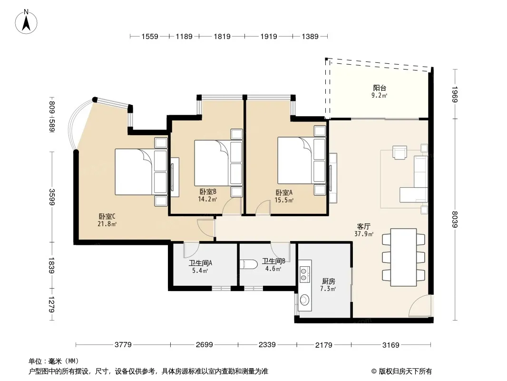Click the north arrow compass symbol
coord(26,22)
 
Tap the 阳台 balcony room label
coord(380,88)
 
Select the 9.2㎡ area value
coord(379,96)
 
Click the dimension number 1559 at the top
coord(150,37)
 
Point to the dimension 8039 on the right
coord(455,219)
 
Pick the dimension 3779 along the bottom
coord(123,345)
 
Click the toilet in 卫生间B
coord(249,264)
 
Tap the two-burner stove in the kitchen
coord(304,274)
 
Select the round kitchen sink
coord(304,300)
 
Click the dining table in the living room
coord(403,257)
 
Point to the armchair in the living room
coord(400,152)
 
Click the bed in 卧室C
coord(141,171)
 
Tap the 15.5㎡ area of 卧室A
coord(284,200)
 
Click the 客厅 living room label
coord(364,226)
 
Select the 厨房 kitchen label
coord(328,281)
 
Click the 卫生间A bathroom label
coord(201,263)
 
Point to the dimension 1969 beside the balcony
coord(455,94)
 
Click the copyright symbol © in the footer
coord(374,371)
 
